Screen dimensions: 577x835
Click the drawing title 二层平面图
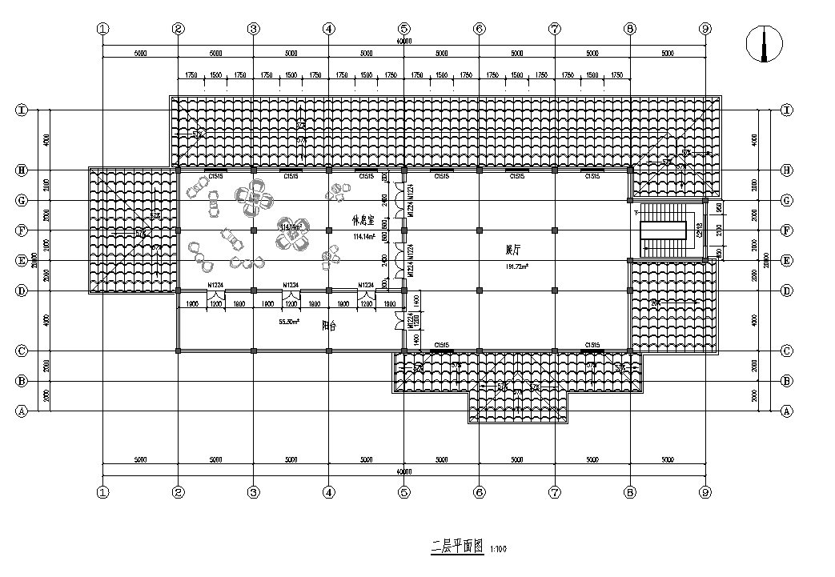point(457,547)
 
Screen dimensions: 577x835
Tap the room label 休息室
point(363,218)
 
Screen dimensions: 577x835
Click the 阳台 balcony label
point(327,326)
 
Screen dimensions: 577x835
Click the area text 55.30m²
point(288,322)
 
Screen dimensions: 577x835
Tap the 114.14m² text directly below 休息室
point(363,237)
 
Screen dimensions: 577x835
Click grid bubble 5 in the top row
point(403,28)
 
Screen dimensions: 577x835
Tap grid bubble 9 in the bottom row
point(705,492)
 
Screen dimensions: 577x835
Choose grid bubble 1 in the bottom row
point(102,492)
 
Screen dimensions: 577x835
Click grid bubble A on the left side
point(22,411)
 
